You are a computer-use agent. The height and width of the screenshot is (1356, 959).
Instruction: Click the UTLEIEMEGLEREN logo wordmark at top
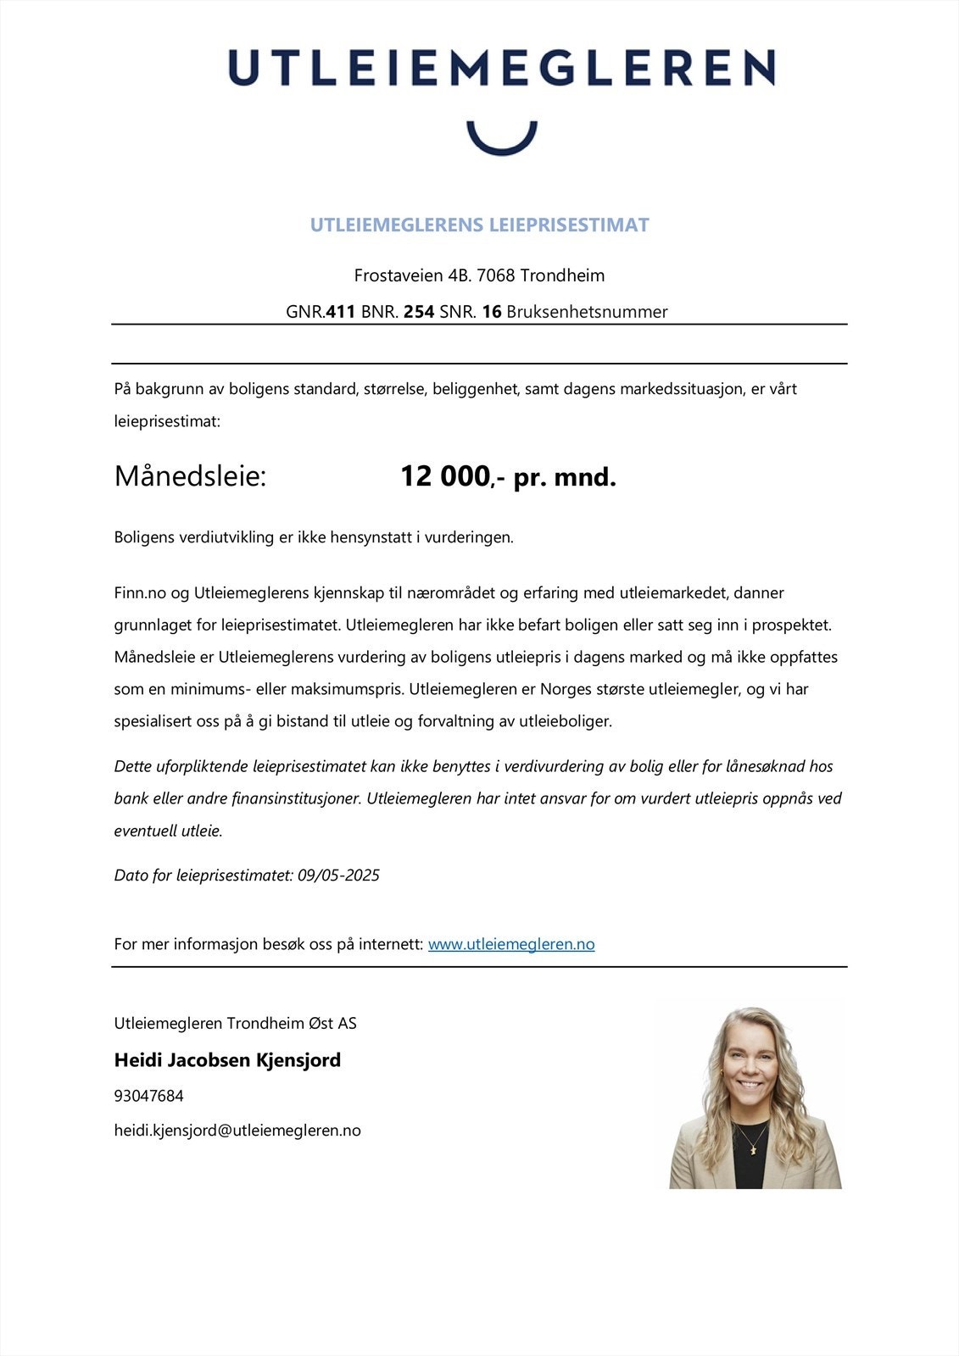tap(501, 67)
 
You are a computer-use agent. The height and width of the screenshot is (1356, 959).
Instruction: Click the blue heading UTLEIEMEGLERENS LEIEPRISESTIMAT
tap(479, 225)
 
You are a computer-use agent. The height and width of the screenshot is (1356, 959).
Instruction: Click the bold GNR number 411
tap(341, 312)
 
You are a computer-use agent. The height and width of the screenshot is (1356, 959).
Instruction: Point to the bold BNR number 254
tap(419, 312)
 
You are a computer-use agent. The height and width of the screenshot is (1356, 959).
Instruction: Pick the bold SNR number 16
tap(492, 312)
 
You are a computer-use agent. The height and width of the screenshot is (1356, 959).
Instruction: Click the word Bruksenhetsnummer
tap(587, 312)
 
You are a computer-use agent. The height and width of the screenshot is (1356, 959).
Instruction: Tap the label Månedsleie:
tap(190, 476)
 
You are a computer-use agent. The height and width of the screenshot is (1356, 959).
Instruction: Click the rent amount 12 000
tap(445, 476)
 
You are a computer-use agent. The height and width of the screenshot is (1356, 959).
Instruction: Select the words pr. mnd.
tap(565, 477)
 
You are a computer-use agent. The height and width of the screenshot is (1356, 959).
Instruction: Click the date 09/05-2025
tap(338, 875)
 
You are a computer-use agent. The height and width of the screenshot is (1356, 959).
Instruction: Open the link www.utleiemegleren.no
tap(511, 944)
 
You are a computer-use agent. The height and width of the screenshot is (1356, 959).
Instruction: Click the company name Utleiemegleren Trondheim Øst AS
tap(235, 1023)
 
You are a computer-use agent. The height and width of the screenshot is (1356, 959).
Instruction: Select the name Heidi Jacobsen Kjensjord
tap(227, 1059)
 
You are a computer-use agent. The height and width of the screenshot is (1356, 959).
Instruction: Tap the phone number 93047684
tap(148, 1096)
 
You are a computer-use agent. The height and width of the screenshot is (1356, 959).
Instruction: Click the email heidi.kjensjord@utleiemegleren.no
tap(237, 1131)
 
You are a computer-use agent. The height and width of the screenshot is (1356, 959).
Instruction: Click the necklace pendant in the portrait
tap(750, 1148)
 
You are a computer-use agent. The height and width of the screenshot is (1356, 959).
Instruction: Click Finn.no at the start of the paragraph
tap(140, 592)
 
